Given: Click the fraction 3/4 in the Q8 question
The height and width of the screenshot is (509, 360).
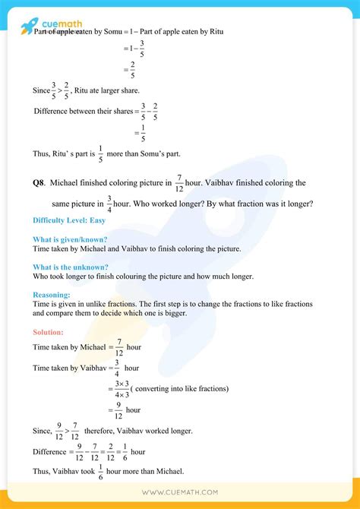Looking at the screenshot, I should pyautogui.click(x=110, y=204).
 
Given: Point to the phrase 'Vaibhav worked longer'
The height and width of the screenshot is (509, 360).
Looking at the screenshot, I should pyautogui.click(x=151, y=431).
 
